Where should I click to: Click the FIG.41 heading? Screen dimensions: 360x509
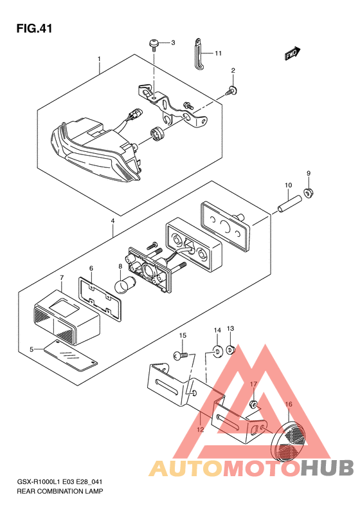[x=34, y=29]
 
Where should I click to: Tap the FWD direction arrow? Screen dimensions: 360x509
[x=293, y=53]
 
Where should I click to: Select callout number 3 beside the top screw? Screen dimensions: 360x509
[x=173, y=42]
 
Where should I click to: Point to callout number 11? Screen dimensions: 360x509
[x=219, y=53]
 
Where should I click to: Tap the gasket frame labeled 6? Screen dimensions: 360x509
[x=100, y=299]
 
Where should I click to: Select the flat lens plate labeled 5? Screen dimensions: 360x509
[x=70, y=355]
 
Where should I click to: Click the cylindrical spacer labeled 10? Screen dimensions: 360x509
[x=290, y=205]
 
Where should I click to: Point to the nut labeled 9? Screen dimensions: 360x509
[x=309, y=193]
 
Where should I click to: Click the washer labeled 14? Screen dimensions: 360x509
[x=217, y=351]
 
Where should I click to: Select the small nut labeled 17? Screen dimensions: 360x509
[x=254, y=405]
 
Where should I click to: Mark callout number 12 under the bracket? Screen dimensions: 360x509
[x=201, y=429]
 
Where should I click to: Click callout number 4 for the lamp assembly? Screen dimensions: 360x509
[x=113, y=221]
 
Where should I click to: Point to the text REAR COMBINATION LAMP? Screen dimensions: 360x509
[x=60, y=491]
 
